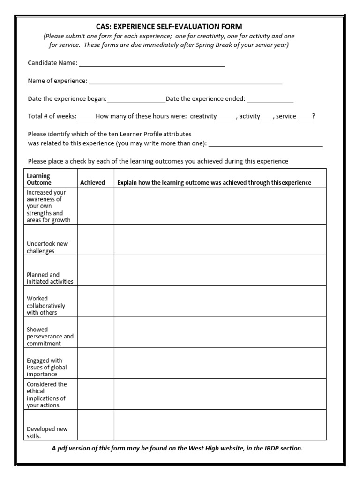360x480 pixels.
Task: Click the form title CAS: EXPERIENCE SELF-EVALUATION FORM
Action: click(169, 27)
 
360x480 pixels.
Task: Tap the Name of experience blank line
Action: click(185, 82)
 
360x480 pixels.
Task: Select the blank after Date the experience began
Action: click(136, 99)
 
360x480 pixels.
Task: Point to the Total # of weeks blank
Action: click(86, 117)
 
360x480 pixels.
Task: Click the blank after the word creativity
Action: click(227, 117)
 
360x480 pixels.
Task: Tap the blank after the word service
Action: click(304, 117)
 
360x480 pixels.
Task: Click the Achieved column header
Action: click(92, 182)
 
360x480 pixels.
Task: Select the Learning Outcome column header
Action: click(39, 179)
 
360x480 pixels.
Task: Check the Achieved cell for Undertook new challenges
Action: click(96, 240)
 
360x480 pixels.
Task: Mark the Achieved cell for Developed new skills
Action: click(96, 425)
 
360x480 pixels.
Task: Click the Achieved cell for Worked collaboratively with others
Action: click(96, 301)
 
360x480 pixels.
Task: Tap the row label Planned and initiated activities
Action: click(50, 278)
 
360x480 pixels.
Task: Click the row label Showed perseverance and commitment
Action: click(50, 337)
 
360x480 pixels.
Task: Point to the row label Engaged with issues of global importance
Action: click(46, 367)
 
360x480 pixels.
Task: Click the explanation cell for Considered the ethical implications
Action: click(220, 394)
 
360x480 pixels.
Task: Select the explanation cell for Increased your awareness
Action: click(220, 205)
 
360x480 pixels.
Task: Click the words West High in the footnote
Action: click(205, 448)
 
